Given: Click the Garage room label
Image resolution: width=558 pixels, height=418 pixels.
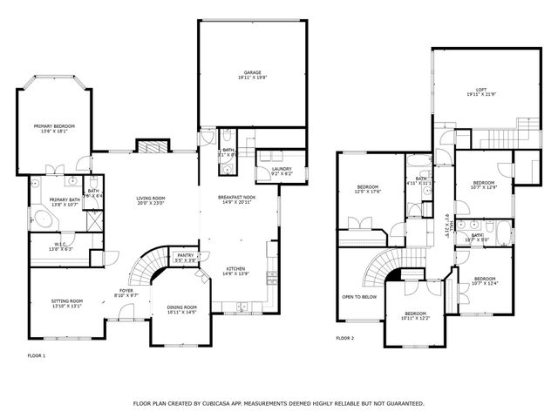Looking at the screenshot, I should tap(253, 74).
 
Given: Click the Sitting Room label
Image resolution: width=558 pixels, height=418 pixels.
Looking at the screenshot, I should tap(66, 302).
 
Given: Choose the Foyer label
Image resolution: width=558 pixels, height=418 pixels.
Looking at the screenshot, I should tap(126, 293).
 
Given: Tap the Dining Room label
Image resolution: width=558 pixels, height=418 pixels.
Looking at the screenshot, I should tap(182, 308).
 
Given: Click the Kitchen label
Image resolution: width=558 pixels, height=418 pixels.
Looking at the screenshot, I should tap(236, 270).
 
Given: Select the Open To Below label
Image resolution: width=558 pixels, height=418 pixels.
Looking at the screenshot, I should tap(359, 296).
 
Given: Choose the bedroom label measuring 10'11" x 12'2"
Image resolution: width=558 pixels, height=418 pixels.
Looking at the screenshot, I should tap(415, 314).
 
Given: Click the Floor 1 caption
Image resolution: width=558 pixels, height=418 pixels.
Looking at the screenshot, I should tap(36, 356).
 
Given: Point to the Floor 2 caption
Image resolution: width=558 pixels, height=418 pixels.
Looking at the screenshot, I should tap(345, 338).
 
